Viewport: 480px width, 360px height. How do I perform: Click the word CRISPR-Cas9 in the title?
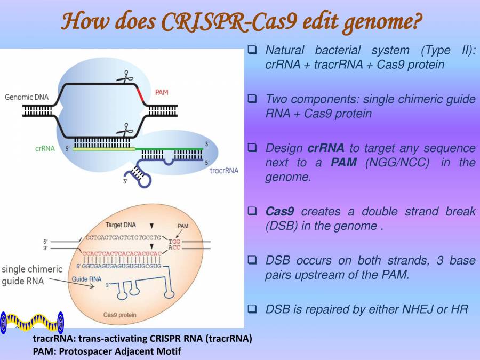[231, 21]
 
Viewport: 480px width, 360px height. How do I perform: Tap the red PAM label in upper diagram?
[162, 92]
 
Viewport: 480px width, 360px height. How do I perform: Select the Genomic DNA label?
[27, 97]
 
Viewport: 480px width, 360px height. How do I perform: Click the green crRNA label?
[45, 149]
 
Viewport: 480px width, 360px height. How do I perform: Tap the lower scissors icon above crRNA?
[126, 129]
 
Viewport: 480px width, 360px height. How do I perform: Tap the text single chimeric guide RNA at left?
[31, 275]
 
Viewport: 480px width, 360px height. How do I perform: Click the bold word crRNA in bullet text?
[326, 148]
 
